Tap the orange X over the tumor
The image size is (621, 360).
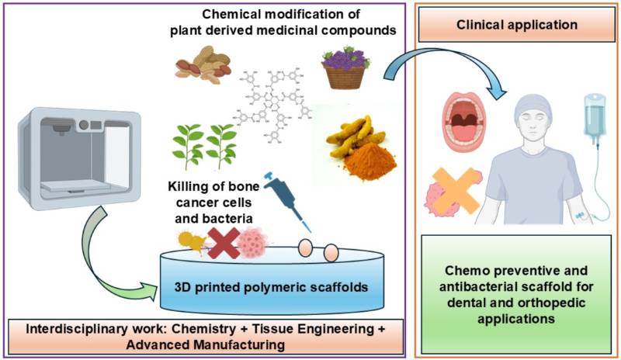[454, 189]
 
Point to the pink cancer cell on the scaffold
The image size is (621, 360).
[252, 241]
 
